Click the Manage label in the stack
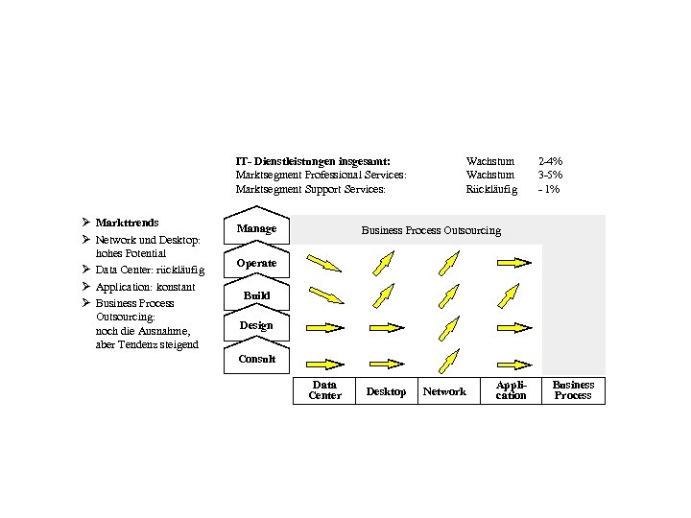256,229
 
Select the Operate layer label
256,263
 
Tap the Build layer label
256,295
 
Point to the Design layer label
256,326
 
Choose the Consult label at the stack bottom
256,360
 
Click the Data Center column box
324,390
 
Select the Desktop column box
386,391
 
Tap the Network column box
444,391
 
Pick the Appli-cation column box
511,390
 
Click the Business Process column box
573,390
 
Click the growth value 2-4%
551,161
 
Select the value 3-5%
551,176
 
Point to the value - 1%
549,190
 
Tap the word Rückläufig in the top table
491,190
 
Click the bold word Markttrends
128,223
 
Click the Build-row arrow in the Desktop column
383,294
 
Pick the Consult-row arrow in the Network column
445,361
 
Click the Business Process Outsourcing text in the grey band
431,230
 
